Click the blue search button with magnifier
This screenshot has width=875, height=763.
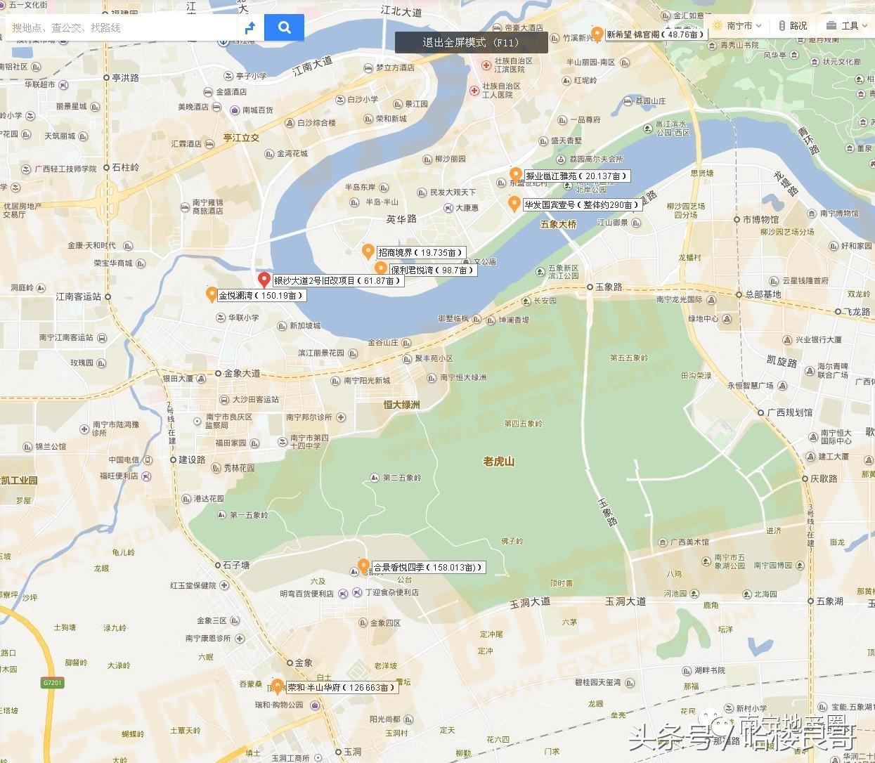[x=284, y=27]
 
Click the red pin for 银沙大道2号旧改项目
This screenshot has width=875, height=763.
[x=264, y=280]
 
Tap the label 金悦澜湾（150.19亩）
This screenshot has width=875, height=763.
[x=261, y=296]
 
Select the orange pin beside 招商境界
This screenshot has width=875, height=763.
[x=368, y=251]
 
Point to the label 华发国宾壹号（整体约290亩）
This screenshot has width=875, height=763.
[x=581, y=205]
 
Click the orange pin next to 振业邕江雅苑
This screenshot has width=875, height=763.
[x=516, y=174]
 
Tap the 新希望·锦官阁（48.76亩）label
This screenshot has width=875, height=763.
[x=655, y=34]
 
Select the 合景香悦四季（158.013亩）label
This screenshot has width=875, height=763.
[x=427, y=567]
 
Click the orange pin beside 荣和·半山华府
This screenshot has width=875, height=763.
[x=278, y=686]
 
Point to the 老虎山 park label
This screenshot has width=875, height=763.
[x=499, y=462]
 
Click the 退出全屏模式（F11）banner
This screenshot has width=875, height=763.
[x=471, y=43]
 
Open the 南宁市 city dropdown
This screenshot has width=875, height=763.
[x=737, y=26]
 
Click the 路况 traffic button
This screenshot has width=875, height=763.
[x=793, y=26]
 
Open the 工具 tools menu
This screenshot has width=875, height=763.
[x=844, y=26]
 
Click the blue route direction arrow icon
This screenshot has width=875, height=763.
[x=249, y=28]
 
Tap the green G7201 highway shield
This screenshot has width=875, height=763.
[x=53, y=682]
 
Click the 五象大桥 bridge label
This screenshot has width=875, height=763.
[x=558, y=224]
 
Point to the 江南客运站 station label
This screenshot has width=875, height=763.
[x=79, y=296]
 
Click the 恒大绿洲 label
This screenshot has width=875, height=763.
[x=401, y=405]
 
